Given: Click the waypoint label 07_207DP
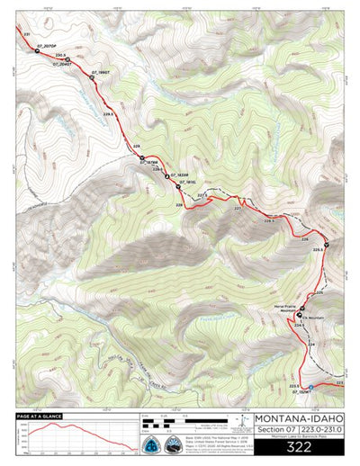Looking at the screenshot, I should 48,44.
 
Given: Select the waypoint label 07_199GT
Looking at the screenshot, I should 100,71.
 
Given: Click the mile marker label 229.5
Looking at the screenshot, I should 110,115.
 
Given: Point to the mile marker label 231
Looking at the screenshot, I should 27,34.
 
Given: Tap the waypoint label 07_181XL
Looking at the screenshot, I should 188,183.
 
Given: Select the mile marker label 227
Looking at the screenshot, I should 238,208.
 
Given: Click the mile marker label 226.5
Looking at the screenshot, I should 268,220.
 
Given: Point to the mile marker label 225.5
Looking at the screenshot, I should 318,249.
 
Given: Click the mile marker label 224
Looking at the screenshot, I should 313,344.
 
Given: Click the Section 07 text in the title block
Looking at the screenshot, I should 276,431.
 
